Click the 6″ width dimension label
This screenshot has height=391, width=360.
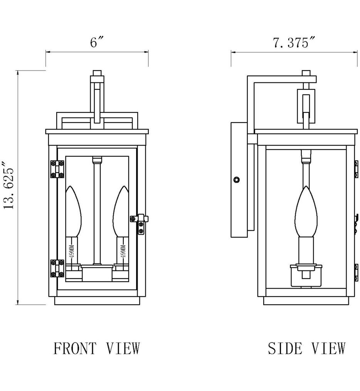(97, 42)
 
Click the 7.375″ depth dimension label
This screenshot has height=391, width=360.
(294, 42)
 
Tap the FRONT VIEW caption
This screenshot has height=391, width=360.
(97, 348)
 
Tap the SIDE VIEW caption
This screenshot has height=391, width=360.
(306, 348)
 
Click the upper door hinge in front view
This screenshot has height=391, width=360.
(57, 169)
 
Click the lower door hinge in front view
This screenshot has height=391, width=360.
(57, 268)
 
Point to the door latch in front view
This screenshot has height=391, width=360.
(140, 223)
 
